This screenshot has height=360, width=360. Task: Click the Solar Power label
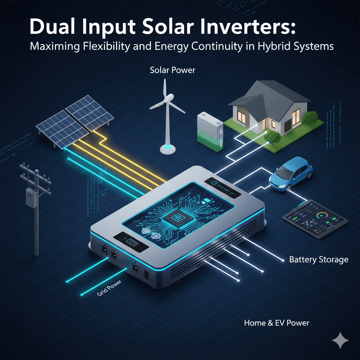coord(172,70)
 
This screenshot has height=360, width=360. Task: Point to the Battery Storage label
coord(319,260)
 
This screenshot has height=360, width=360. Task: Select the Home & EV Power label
coord(277,322)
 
